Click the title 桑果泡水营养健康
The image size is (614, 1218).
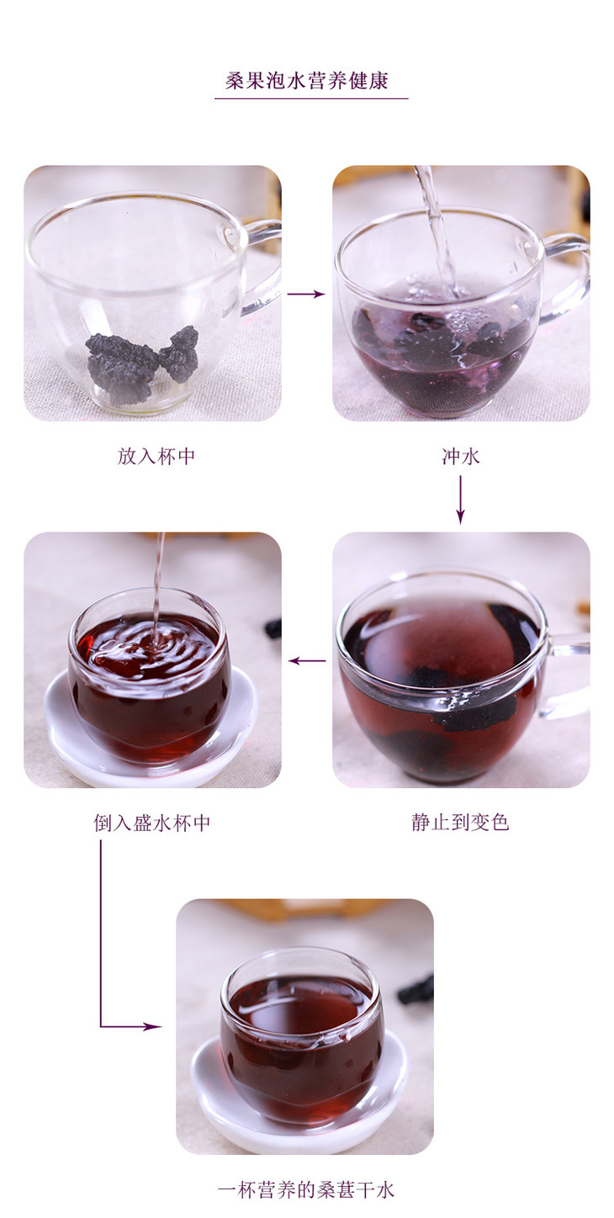coord(307,81)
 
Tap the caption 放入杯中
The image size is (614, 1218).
coord(156,456)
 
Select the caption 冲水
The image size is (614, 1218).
coord(460,456)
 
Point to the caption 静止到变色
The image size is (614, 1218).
coord(460,822)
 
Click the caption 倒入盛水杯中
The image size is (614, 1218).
coord(151,823)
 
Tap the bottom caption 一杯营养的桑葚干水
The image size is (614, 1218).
coord(305,1189)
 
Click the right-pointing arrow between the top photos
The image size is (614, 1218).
coord(305,294)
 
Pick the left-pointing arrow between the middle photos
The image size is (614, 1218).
coord(307,660)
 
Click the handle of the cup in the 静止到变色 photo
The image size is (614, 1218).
coord(569,675)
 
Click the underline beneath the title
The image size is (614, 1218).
coord(311,98)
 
